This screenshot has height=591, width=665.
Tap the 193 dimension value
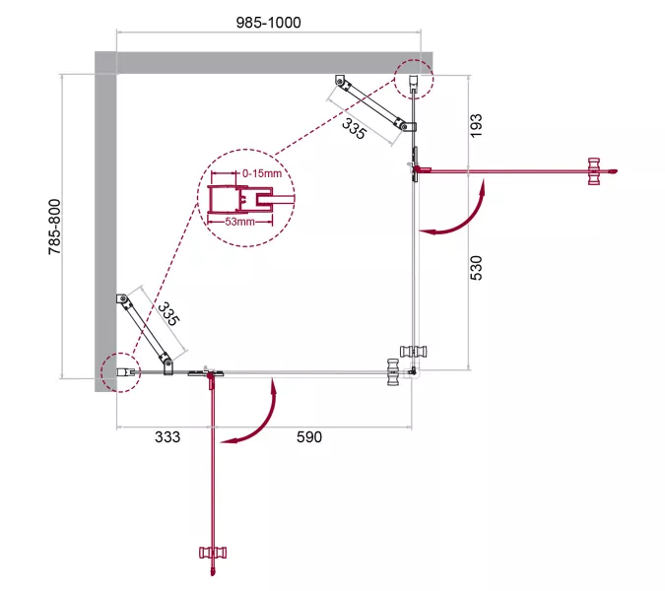[476, 125]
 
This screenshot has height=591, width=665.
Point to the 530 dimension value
[476, 268]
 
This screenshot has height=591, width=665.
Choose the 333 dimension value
[167, 437]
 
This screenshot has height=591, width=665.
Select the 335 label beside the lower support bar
[168, 313]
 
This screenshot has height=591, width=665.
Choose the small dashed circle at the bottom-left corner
[121, 371]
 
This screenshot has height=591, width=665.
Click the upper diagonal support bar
[371, 102]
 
